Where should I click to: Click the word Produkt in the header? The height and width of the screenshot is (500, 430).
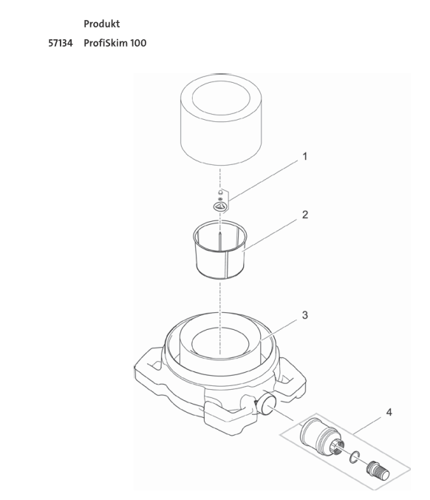(102, 24)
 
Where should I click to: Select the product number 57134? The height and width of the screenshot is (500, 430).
(61, 43)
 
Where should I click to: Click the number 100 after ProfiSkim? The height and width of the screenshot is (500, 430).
(138, 43)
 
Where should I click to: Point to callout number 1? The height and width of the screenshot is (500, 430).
(305, 157)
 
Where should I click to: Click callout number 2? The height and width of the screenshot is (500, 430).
(305, 214)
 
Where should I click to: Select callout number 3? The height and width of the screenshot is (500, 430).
(305, 315)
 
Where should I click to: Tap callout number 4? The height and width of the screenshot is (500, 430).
(389, 412)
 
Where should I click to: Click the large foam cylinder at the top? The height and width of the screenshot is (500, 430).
(221, 121)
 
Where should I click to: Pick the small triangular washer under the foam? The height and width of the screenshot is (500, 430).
(220, 206)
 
